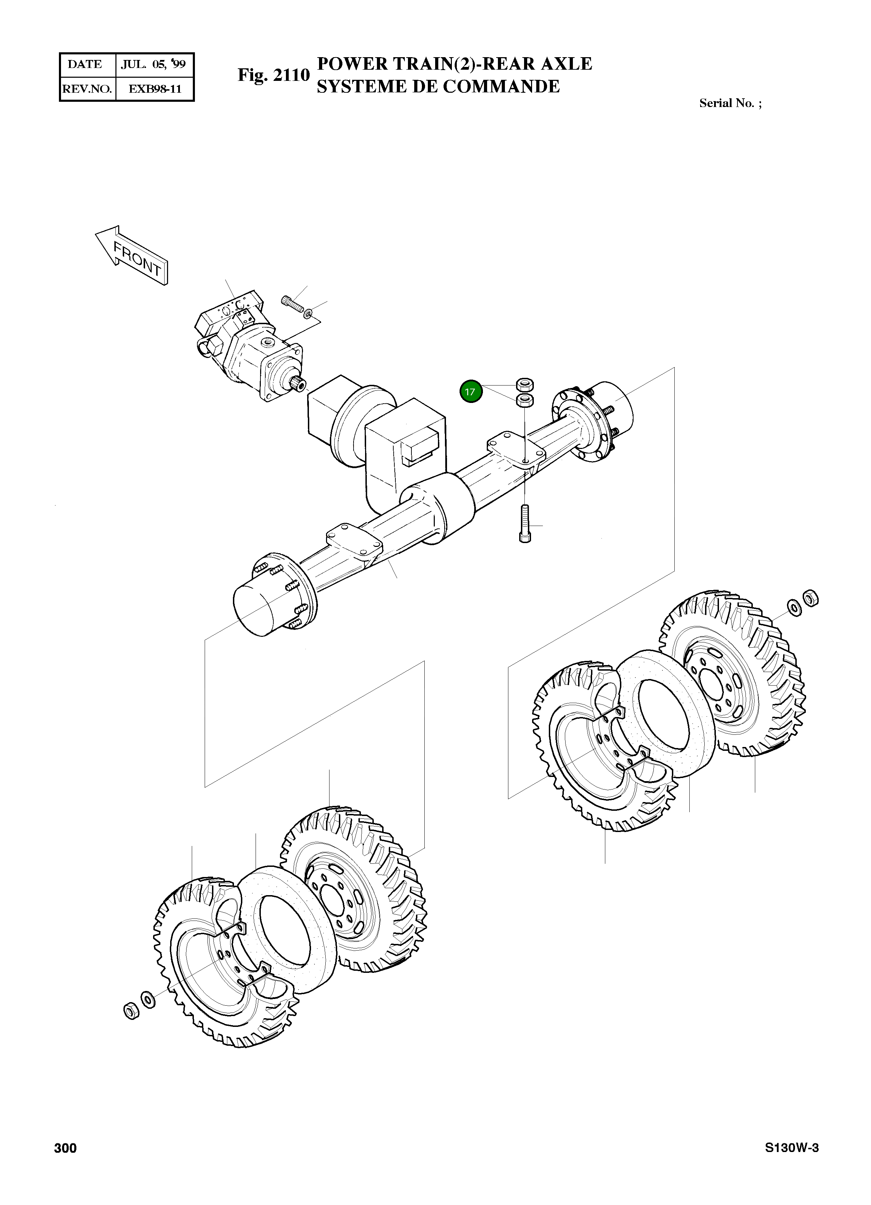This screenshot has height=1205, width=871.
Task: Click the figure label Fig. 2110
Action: click(273, 75)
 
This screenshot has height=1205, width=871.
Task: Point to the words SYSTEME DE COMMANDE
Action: click(438, 86)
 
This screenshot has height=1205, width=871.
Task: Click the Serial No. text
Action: click(730, 103)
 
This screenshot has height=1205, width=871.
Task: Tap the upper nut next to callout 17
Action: click(525, 384)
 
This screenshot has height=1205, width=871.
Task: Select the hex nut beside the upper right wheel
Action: click(810, 598)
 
